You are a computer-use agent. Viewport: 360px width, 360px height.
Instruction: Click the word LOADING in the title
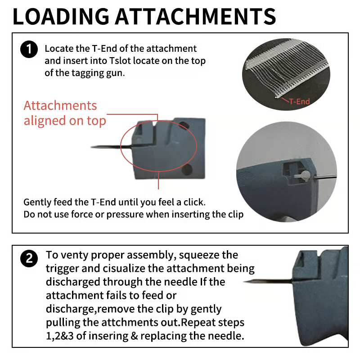pyautogui.click(x=61, y=17)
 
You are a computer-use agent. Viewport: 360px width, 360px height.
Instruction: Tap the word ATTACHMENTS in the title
pyautogui.click(x=195, y=17)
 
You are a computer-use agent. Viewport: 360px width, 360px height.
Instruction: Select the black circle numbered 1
pyautogui.click(x=29, y=49)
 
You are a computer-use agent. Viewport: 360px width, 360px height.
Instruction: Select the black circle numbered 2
pyautogui.click(x=29, y=259)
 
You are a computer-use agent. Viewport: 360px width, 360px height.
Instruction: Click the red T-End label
pyautogui.click(x=299, y=102)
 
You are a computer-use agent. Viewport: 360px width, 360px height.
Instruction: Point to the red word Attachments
pyautogui.click(x=60, y=106)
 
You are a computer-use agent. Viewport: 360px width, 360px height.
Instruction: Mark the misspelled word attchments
pyautogui.click(x=129, y=323)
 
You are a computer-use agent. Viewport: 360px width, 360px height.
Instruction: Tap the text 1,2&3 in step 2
pyautogui.click(x=60, y=336)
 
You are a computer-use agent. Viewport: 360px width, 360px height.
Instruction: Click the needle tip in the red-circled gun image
pyautogui.click(x=91, y=147)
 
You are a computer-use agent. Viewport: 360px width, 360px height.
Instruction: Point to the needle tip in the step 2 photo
pyautogui.click(x=244, y=282)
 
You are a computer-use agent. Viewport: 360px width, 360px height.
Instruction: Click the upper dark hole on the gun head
pyautogui.click(x=184, y=126)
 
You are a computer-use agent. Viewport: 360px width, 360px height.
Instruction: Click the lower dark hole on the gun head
pyautogui.click(x=187, y=169)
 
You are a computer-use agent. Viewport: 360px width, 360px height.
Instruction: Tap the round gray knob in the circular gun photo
pyautogui.click(x=305, y=175)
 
